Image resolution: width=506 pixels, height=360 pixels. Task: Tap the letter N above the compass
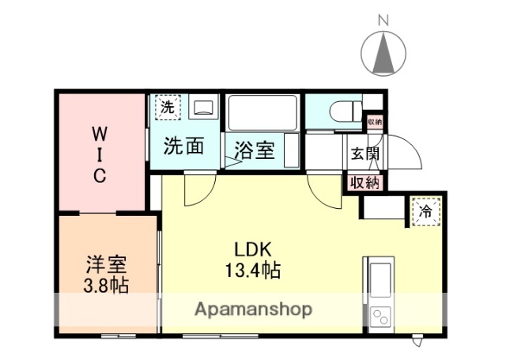tap(383, 20)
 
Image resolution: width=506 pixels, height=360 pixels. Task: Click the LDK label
tap(250, 248)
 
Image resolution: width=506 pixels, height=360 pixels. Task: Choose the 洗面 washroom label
tap(183, 146)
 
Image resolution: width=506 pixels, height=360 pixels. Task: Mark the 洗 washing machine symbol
tap(167, 108)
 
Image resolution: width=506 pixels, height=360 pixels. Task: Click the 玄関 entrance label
tap(365, 153)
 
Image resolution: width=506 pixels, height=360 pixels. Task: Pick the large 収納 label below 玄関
tap(365, 182)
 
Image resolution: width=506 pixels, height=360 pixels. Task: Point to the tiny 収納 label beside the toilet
tap(374, 122)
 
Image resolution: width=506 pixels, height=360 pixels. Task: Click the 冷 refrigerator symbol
tap(425, 211)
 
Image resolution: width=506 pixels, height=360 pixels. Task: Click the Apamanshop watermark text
tap(254, 309)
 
